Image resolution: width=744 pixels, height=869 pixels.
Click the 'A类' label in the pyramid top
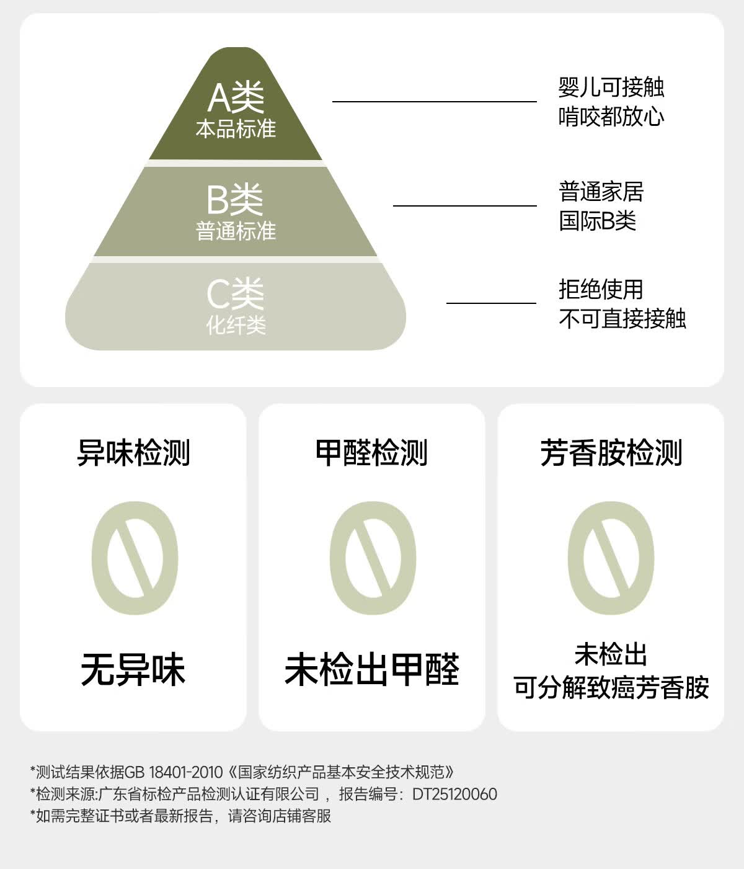pos(236,97)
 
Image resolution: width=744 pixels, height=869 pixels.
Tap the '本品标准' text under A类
pos(236,128)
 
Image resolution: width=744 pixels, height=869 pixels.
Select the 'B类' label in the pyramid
pos(235,200)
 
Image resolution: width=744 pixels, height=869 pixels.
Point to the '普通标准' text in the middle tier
pos(236,231)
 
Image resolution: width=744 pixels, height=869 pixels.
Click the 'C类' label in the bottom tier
pos(236,293)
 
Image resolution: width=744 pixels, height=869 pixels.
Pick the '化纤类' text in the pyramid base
pos(236,324)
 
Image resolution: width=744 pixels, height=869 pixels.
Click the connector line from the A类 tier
pos(435,101)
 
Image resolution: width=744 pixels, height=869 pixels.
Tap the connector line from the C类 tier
pos(491,303)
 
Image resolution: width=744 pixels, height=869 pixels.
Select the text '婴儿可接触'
pos(611,87)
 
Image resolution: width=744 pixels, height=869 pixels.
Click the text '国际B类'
pos(597,221)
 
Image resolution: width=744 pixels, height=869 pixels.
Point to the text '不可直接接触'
pos(622,318)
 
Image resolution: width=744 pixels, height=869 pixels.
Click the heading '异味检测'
pos(133,452)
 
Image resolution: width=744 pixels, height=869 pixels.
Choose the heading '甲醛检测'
pos(371,452)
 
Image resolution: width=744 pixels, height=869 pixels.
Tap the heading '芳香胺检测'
pos(611,452)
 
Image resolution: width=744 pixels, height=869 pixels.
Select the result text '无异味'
pos(133,670)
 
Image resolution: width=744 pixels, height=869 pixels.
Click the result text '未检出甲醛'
pos(371,670)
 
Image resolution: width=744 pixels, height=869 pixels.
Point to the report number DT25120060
pos(455,794)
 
